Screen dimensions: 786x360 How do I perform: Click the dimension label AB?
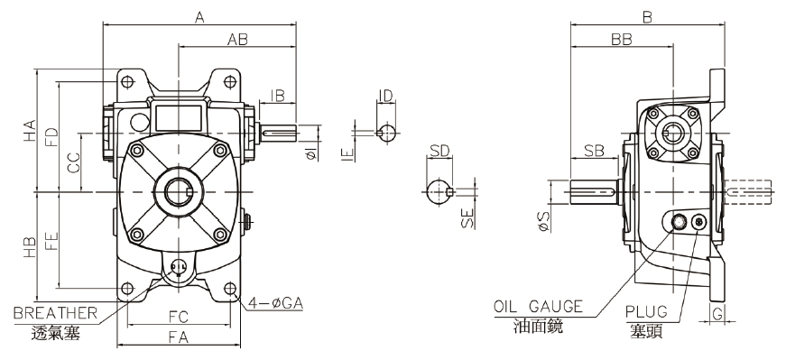point(237,39)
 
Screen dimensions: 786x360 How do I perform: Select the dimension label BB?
point(621,39)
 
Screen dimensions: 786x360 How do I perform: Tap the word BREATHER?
point(55,313)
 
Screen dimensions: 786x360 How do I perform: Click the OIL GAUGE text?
point(539,307)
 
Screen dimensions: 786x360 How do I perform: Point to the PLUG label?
point(647,311)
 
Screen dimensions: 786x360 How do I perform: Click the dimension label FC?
point(178,317)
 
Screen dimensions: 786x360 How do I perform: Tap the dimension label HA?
point(30,130)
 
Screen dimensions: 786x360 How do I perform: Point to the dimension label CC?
point(74,163)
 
